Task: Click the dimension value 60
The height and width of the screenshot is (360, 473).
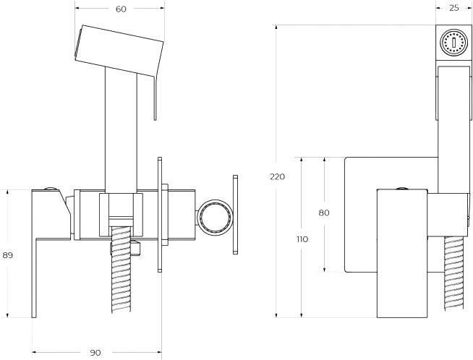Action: point(120,9)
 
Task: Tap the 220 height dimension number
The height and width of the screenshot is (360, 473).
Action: point(277,176)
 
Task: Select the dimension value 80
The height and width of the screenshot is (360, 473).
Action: point(323,213)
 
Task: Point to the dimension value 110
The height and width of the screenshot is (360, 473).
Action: point(302,239)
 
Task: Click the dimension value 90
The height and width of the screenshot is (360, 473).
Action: point(95,352)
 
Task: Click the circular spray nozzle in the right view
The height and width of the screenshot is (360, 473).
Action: point(453,42)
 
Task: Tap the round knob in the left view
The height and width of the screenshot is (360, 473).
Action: point(214,217)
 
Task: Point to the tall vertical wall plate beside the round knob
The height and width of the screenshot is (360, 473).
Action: point(234,214)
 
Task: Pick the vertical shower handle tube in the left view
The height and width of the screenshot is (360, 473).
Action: point(120,130)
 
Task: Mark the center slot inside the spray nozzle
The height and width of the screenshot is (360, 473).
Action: point(453,42)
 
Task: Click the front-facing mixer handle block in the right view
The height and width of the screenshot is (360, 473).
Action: point(403,253)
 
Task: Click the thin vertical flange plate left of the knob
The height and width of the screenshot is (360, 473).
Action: point(161,214)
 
